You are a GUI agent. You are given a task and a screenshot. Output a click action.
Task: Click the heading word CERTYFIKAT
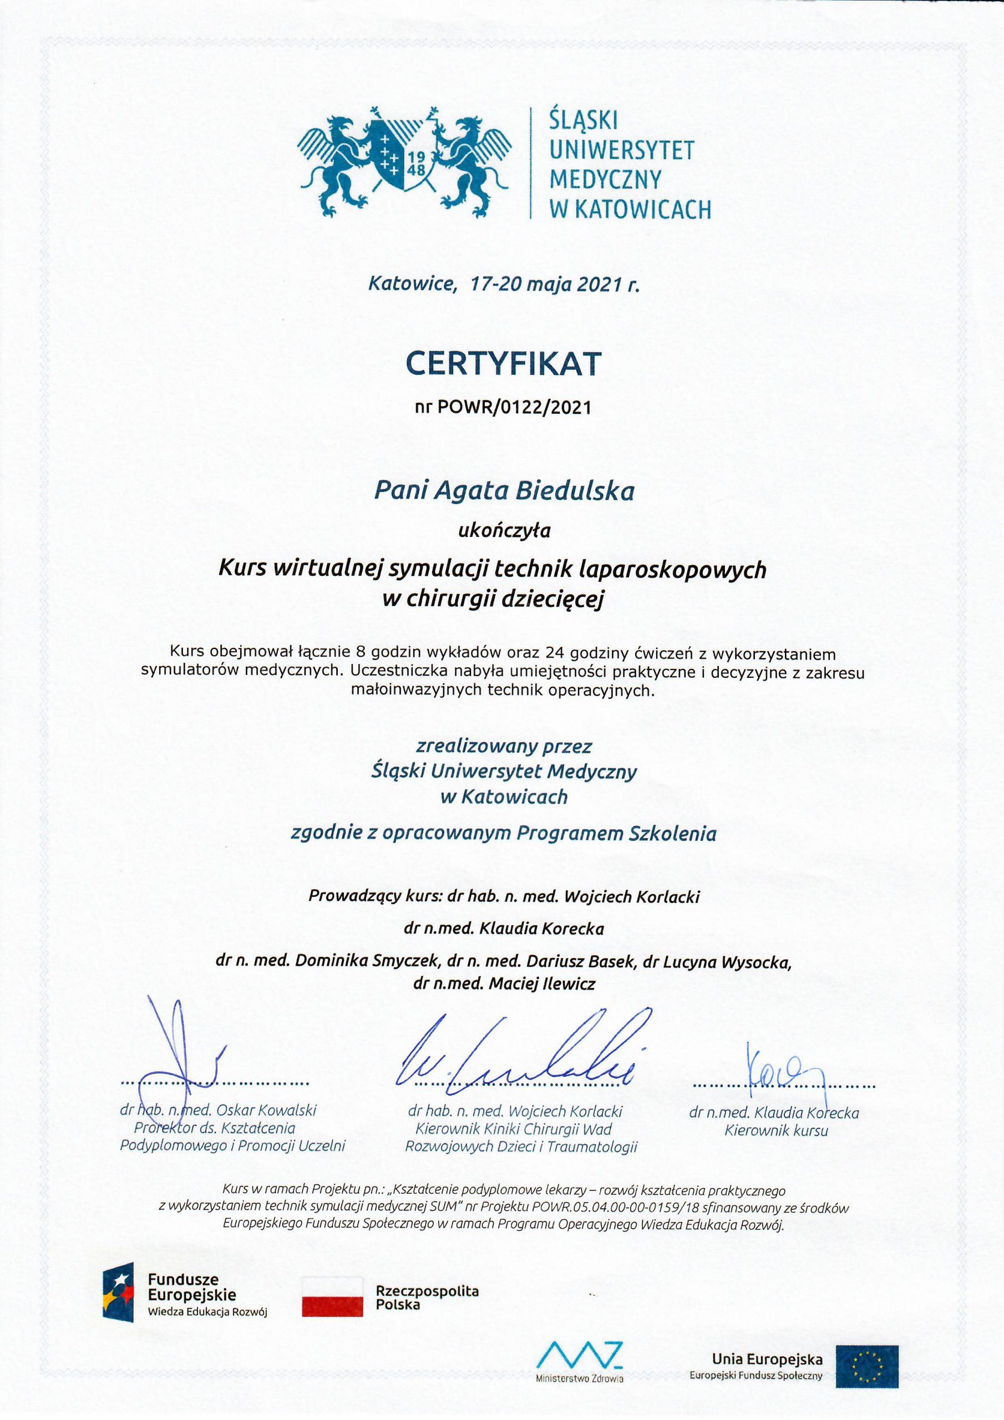[x=503, y=364]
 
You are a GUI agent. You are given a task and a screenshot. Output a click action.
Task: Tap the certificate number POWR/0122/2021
[x=514, y=408]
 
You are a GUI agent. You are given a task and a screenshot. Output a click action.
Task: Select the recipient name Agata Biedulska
[x=526, y=491]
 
